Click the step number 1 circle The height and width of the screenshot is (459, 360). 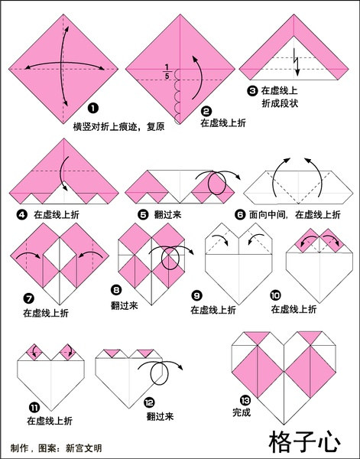tap(92, 109)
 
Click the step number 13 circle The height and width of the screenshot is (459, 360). tap(244, 402)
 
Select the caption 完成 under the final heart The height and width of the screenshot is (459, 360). tap(242, 413)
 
